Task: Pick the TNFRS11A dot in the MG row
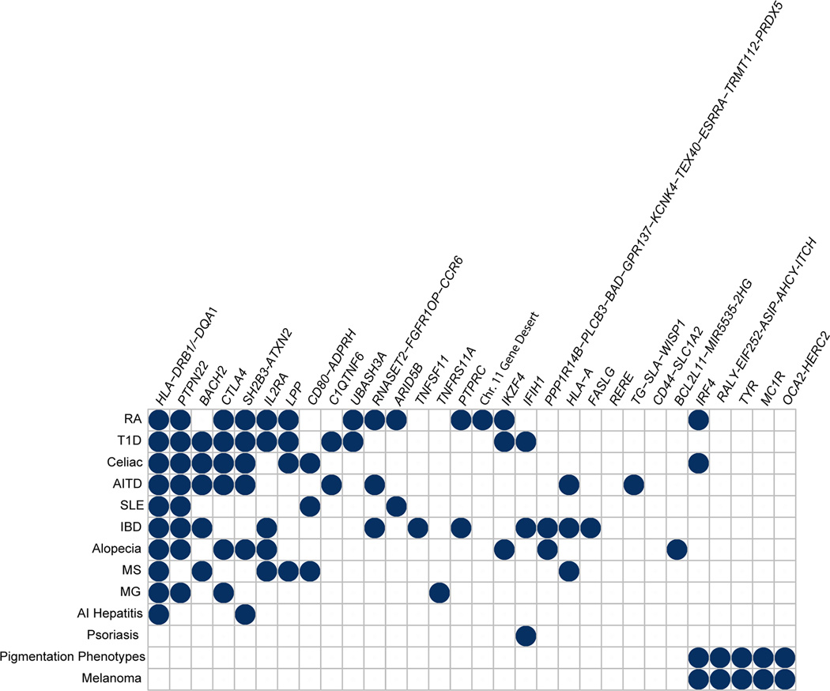point(440,591)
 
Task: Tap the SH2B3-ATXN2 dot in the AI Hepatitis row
point(245,614)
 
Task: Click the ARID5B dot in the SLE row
point(396,505)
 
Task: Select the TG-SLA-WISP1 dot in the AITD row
point(633,484)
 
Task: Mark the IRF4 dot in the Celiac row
point(698,463)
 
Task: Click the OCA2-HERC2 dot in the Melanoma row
point(784,678)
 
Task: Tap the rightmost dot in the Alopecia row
point(677,549)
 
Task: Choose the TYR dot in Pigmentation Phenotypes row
point(741,656)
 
